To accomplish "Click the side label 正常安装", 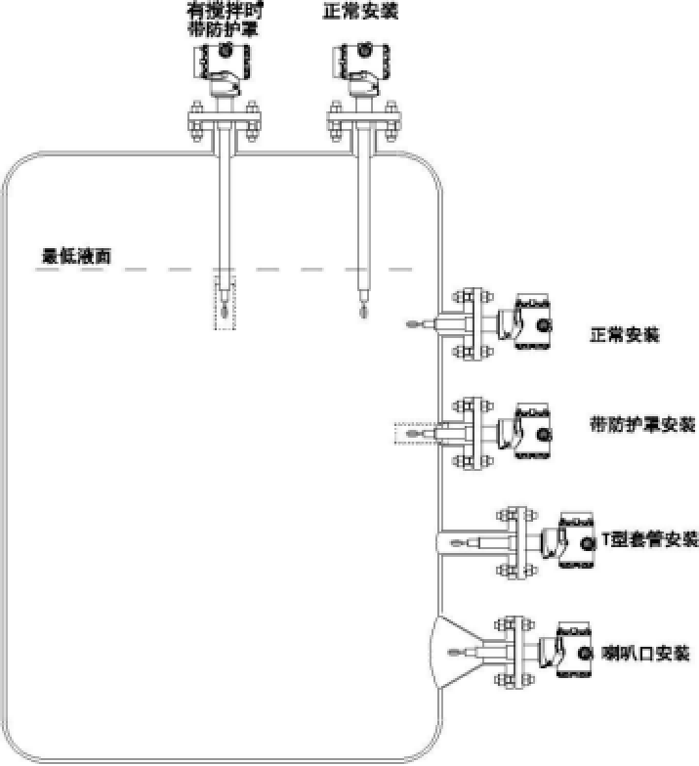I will [x=625, y=335].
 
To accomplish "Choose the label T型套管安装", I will [x=650, y=538].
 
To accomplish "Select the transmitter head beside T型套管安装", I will [x=576, y=538].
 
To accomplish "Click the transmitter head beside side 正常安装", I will [x=533, y=323].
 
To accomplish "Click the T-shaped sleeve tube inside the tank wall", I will [x=460, y=540].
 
